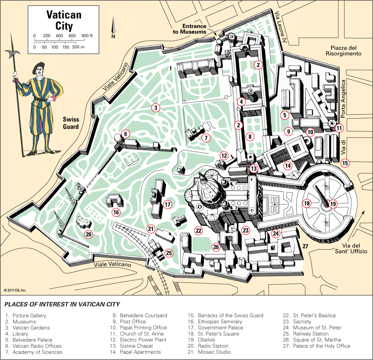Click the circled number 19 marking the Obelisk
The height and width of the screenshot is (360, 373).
coord(333,204)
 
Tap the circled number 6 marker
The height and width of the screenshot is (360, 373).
coord(125,134)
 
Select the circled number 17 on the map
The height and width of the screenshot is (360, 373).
coord(168,205)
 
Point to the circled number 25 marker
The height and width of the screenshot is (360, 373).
coord(169,253)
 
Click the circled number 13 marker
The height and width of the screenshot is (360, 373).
coord(254,169)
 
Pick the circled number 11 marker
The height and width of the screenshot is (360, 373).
coord(339,128)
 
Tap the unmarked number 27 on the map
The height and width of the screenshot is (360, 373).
coord(305,246)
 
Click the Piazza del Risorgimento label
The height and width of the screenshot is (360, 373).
coord(343,50)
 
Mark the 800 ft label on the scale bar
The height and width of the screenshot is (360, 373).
coord(87,36)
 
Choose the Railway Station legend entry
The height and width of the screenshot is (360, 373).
coord(309,333)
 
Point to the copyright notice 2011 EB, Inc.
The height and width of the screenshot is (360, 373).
coord(15,290)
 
